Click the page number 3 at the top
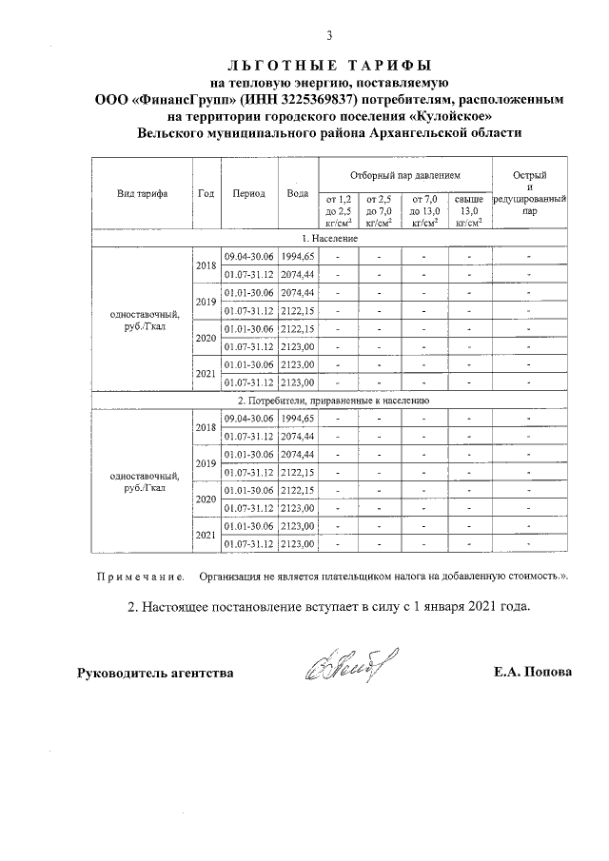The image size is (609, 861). point(329,36)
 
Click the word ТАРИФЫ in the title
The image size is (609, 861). point(383,65)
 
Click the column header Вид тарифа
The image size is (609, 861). point(143,193)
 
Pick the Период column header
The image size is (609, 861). point(248,193)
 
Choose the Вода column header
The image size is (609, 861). point(298,193)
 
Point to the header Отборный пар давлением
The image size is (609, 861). point(404,176)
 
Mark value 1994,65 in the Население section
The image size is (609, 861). point(298,257)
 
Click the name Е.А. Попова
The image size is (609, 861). point(532,673)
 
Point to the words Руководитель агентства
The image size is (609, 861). point(155,673)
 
